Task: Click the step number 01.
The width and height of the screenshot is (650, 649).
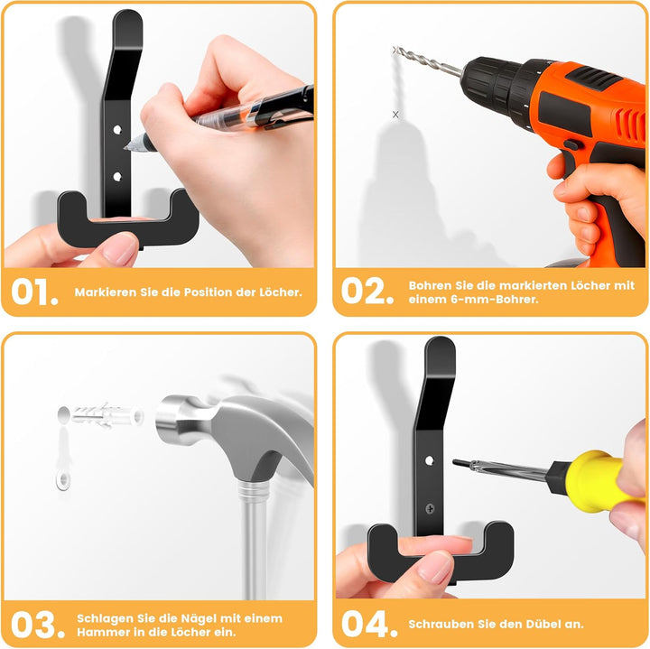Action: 34,292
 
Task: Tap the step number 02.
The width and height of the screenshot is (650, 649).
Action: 367,291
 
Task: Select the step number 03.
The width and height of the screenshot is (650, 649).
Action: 38,625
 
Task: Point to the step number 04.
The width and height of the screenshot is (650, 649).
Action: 369,624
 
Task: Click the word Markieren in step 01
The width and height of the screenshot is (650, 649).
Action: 106,292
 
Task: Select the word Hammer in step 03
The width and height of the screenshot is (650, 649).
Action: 101,632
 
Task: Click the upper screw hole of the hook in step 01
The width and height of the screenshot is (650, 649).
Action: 117,130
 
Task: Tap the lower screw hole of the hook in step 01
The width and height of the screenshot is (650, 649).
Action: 117,177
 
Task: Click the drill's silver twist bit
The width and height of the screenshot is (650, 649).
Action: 427,61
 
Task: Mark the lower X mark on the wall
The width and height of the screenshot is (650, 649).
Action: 395,115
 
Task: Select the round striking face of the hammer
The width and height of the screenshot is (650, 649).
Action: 166,420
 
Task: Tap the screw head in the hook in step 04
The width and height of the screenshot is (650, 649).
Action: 431,508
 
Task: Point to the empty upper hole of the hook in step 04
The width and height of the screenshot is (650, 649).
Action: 430,460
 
